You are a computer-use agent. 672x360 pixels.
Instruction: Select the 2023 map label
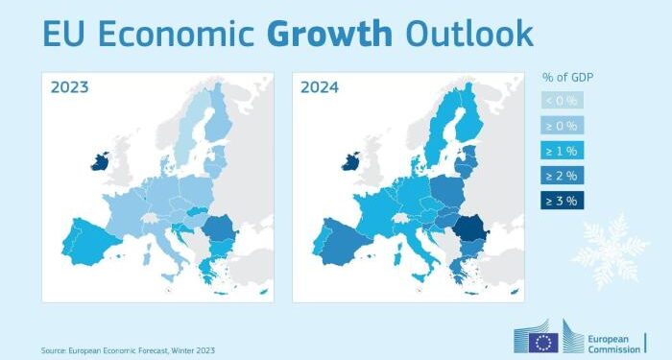[x=69, y=87]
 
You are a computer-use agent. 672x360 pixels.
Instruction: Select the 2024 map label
[x=319, y=87]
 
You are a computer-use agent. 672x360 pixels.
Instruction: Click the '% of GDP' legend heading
[x=568, y=77]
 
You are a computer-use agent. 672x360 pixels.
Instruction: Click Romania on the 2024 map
[x=470, y=229]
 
